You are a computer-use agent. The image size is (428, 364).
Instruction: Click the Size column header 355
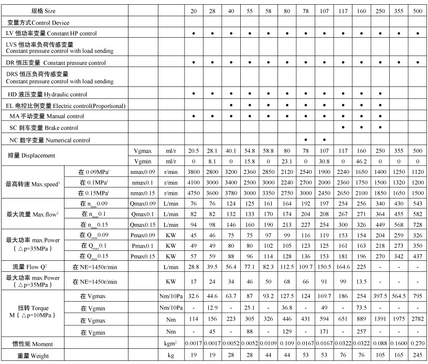coord(399,10)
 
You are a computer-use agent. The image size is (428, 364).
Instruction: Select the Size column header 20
coord(194,10)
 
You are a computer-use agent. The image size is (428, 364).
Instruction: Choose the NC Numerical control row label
coord(50,140)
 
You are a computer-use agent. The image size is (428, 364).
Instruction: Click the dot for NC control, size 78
coord(305,140)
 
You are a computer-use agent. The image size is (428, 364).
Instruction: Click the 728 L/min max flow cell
coord(418,224)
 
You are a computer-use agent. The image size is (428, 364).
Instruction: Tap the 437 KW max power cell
coord(418,257)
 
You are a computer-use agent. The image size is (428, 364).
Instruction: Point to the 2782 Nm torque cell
coord(418,319)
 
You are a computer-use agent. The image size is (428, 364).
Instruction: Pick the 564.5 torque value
coord(399,295)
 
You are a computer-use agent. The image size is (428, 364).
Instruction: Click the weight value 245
coord(418,356)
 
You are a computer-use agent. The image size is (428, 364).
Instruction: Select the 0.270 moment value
coord(418,344)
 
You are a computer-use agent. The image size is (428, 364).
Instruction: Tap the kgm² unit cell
coord(169,344)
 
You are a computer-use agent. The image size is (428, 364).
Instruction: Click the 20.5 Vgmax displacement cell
coord(194,150)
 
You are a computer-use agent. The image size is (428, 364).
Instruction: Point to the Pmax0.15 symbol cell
coord(144,257)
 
